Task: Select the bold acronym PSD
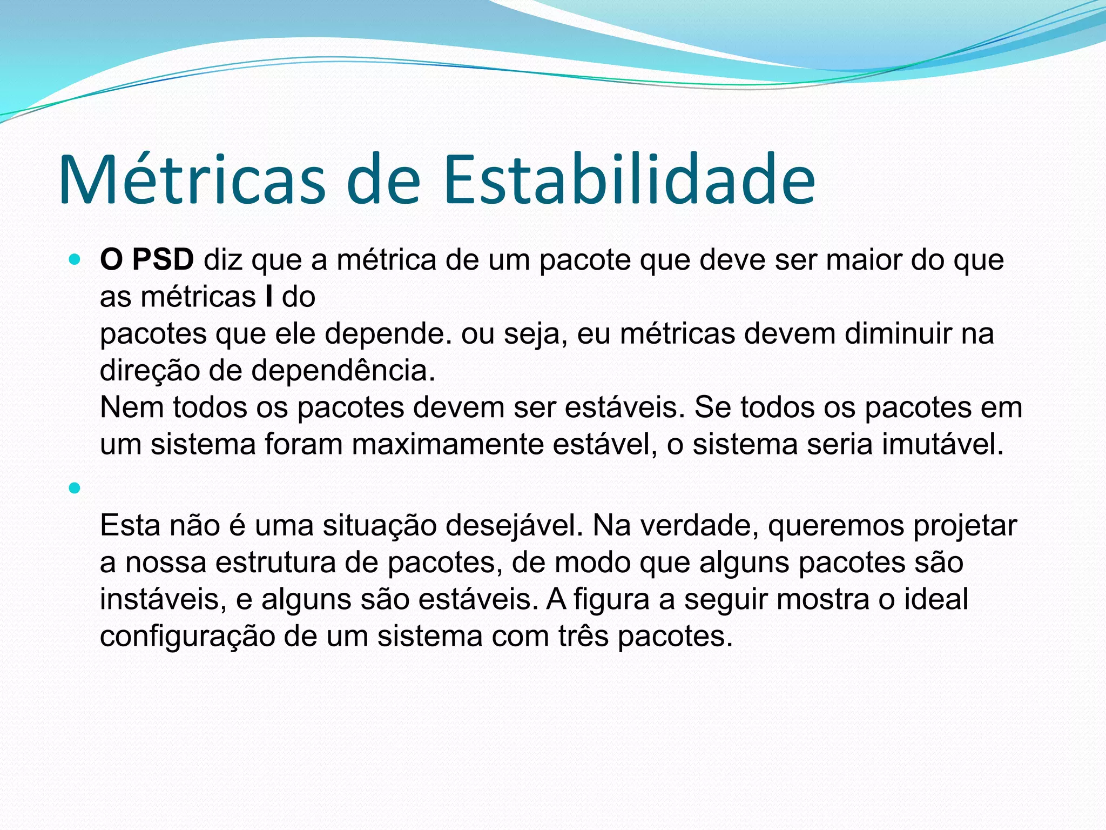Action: [x=163, y=259]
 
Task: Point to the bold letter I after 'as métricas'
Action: [x=269, y=297]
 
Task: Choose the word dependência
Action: [x=343, y=371]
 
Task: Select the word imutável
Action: [x=943, y=444]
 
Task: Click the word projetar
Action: [x=965, y=525]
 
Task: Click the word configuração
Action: [x=187, y=636]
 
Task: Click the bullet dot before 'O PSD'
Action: [x=75, y=260]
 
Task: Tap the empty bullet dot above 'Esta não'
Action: [x=75, y=488]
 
